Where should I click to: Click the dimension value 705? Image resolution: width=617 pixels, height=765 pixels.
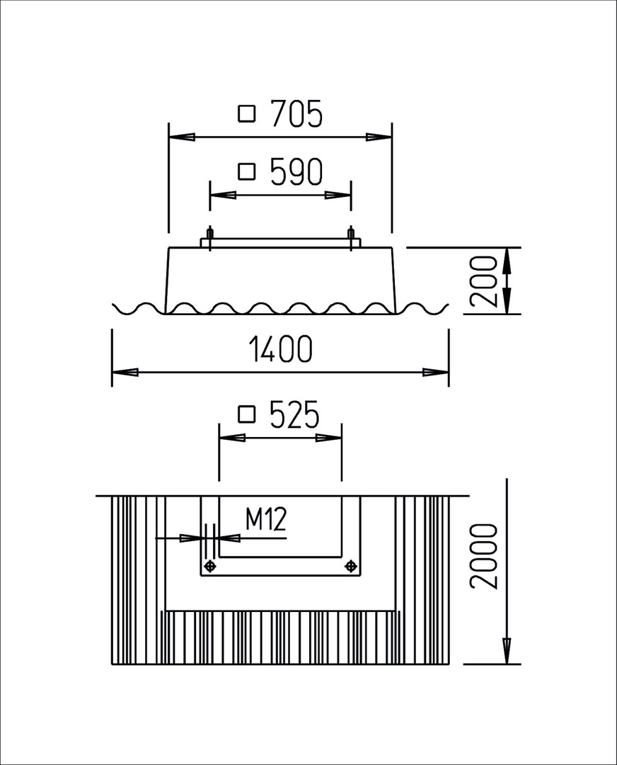[x=296, y=113]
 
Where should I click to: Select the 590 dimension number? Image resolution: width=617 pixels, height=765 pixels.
[x=296, y=171]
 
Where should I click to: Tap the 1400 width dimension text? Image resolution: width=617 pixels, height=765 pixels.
[x=279, y=349]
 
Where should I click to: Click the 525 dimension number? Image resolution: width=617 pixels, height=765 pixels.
[x=294, y=414]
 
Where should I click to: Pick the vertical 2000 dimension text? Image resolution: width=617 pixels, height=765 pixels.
[x=484, y=557]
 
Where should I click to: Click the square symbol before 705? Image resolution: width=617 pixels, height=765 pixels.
[x=247, y=114]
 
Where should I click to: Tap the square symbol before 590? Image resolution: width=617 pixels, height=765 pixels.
[x=247, y=171]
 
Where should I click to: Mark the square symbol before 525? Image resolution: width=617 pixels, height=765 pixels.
[x=247, y=414]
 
